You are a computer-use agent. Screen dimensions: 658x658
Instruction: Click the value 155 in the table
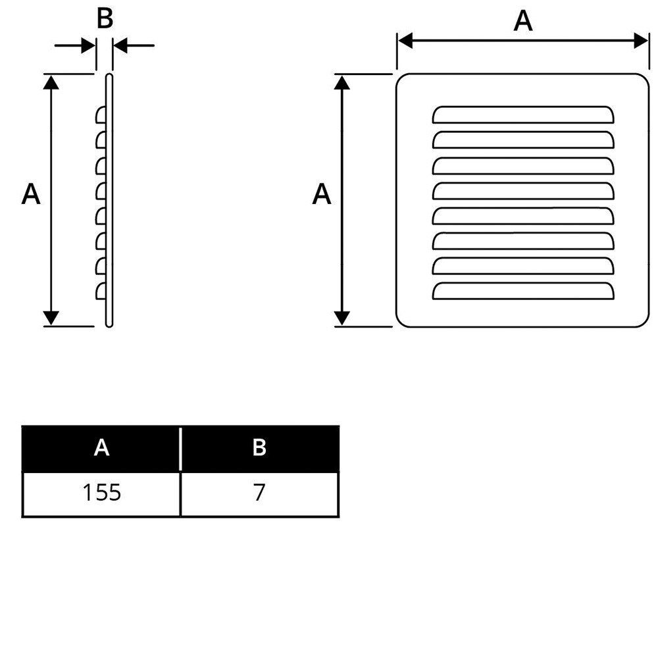click(102, 493)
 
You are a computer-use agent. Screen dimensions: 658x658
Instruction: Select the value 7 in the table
click(259, 493)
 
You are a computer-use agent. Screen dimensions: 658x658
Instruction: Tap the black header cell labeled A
click(101, 448)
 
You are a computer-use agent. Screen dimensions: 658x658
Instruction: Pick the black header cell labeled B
click(259, 448)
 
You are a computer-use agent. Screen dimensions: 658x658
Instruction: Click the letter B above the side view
click(105, 18)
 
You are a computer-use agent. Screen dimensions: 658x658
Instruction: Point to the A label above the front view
click(523, 21)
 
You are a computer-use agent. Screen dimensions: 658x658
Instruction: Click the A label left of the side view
click(31, 195)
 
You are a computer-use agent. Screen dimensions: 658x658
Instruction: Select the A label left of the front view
click(322, 195)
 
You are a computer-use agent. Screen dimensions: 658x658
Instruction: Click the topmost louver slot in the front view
click(523, 114)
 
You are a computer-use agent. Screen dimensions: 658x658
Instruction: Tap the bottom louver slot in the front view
click(523, 290)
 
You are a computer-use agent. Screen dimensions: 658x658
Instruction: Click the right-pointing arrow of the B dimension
click(87, 46)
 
